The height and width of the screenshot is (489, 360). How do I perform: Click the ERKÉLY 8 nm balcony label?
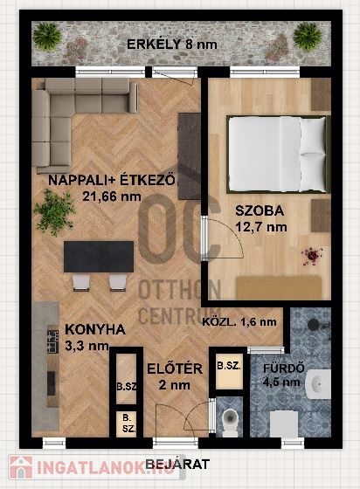[172, 44]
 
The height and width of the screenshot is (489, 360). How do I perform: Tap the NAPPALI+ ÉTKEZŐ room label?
[112, 180]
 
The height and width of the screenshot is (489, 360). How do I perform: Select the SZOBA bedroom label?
[260, 210]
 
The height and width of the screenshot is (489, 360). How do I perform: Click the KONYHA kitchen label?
[95, 330]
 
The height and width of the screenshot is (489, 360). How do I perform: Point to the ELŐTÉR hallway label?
[175, 368]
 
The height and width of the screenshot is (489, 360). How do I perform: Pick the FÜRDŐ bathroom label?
[284, 368]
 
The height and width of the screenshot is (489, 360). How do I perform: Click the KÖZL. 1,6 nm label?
[239, 322]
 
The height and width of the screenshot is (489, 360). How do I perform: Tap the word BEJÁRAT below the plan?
[177, 465]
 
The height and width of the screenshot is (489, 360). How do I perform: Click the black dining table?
[99, 257]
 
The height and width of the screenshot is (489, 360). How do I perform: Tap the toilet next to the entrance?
[230, 422]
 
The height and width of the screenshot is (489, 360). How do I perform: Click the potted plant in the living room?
[54, 212]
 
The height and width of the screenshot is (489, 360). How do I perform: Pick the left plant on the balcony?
[47, 36]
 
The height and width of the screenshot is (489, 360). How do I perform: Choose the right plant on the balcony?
[308, 36]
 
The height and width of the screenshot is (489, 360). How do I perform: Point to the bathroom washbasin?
[317, 384]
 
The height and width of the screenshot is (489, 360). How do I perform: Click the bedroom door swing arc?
[231, 231]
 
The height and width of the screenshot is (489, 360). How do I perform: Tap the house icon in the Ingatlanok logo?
[21, 467]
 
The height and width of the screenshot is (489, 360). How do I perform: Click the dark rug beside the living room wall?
[190, 156]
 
